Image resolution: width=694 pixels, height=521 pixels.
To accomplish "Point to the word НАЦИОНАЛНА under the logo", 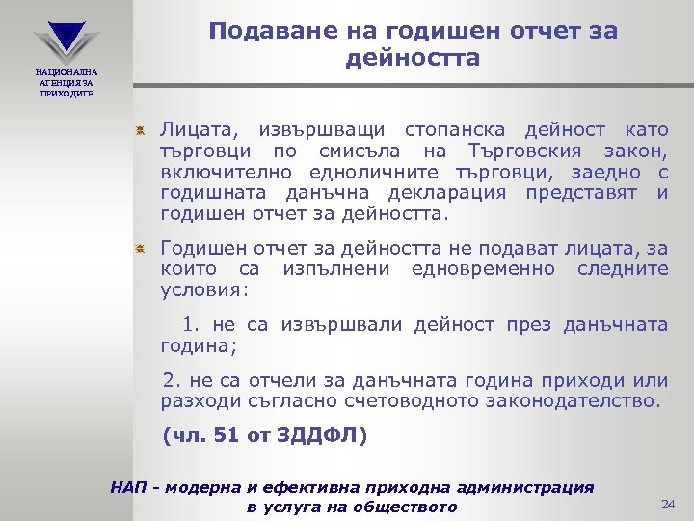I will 67,72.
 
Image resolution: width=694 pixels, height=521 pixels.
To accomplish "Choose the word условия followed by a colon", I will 204,289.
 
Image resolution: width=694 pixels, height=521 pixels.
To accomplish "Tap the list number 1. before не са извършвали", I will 191,325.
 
